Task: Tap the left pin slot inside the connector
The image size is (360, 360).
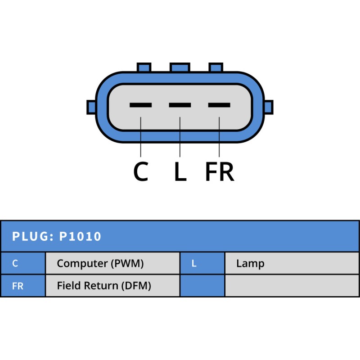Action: [140, 105]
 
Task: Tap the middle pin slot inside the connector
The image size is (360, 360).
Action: [180, 105]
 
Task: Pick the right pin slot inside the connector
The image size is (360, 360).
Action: [219, 105]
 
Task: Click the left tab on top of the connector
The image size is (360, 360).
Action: [144, 67]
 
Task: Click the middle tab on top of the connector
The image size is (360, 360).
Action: [180, 67]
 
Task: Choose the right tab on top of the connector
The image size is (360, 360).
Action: [216, 67]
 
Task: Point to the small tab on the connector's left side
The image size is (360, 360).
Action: [91, 107]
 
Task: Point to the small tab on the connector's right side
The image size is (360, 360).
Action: [269, 107]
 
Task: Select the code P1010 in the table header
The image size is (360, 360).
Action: [80, 236]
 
